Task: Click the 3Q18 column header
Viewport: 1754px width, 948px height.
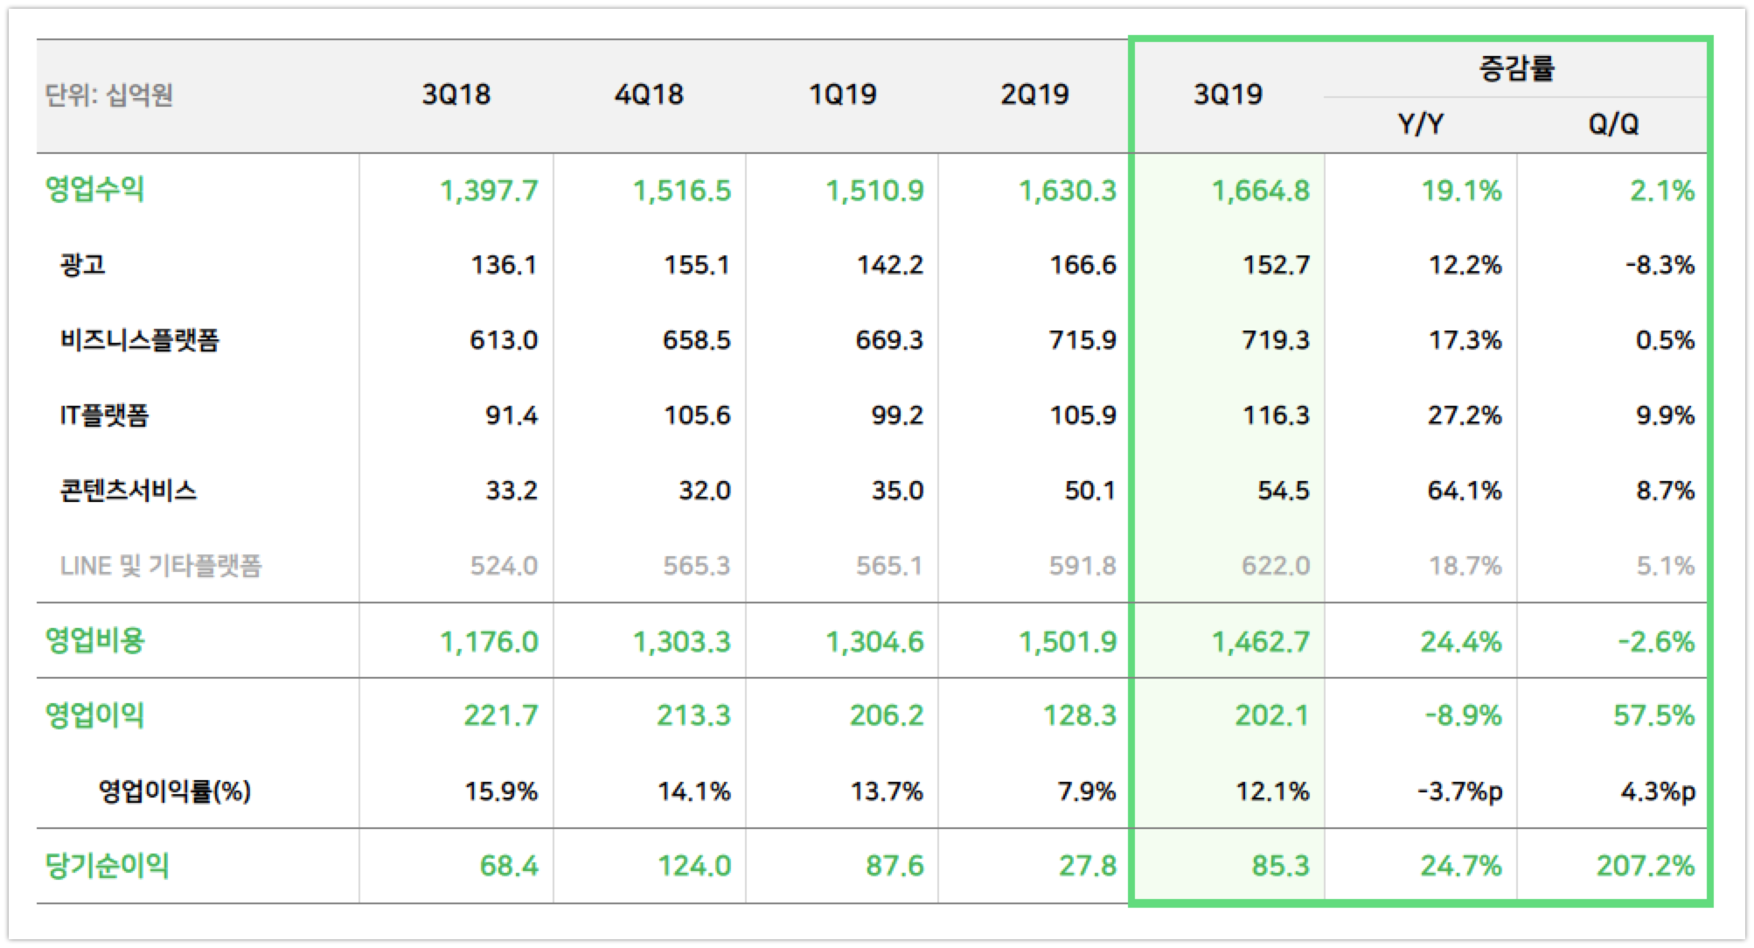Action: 456,94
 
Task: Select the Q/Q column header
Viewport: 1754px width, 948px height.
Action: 1612,124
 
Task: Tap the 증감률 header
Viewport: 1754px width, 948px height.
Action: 1516,68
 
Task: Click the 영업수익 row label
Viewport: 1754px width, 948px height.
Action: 94,189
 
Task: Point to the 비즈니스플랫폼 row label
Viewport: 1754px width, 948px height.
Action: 139,339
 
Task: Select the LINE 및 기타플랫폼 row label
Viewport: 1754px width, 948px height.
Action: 161,566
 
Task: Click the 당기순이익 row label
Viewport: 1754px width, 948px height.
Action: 107,866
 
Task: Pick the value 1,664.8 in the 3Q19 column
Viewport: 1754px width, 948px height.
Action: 1260,190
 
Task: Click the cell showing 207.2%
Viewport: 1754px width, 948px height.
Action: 1645,866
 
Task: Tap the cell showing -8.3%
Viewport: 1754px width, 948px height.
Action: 1659,265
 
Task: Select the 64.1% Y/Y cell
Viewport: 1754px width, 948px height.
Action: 1464,491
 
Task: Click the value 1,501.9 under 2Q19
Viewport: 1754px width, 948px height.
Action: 1067,642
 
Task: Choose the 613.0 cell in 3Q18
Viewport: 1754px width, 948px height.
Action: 503,340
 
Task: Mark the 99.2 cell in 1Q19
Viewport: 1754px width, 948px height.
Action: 896,415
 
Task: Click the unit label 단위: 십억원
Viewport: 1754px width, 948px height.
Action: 108,94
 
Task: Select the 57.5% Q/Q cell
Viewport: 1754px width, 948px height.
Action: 1653,716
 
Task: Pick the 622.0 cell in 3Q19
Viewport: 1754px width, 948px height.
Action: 1275,566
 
